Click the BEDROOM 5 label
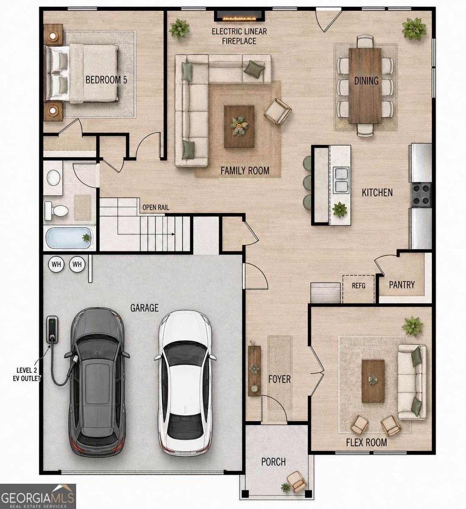point(106,80)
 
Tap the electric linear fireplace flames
point(239,18)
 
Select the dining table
point(365,86)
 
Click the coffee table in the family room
point(239,126)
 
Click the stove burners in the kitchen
point(421,195)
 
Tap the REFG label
point(359,286)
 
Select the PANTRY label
point(402,285)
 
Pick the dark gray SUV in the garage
point(97,383)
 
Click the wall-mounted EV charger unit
point(52,329)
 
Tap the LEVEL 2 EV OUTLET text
point(26,374)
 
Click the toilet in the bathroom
point(56,210)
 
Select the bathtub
point(69,238)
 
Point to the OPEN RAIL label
point(156,207)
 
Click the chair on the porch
point(295,481)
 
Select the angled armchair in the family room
point(277,112)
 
